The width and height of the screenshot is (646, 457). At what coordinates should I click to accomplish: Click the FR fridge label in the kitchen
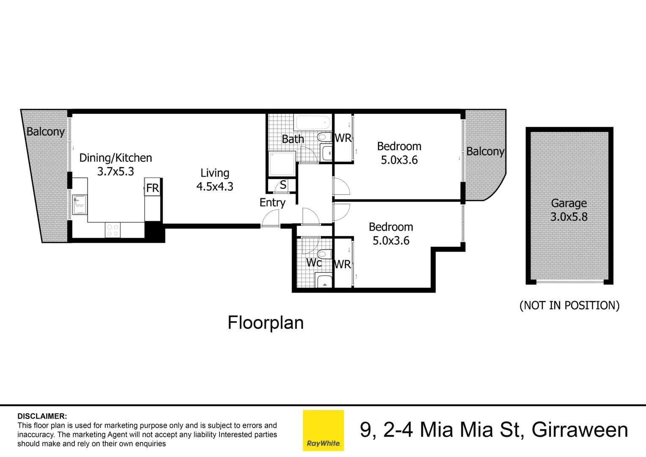click(152, 188)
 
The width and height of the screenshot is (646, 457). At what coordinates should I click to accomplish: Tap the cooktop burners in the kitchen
click(112, 230)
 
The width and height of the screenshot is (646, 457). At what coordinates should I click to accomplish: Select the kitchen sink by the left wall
click(79, 205)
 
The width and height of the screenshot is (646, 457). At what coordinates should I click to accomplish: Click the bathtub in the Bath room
click(313, 123)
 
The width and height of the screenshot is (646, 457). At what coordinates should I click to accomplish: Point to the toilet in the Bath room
click(324, 137)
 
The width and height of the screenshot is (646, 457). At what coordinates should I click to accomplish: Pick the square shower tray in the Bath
click(282, 164)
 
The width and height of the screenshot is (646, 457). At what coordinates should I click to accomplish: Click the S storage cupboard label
click(283, 185)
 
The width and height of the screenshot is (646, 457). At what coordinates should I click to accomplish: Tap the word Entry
click(272, 203)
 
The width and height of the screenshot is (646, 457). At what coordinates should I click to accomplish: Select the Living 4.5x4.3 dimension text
click(215, 187)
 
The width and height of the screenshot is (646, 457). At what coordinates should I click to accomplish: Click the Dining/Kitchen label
click(115, 158)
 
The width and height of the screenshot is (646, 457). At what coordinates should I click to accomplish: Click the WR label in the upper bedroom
click(343, 138)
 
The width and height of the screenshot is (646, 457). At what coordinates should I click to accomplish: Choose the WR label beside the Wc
click(342, 264)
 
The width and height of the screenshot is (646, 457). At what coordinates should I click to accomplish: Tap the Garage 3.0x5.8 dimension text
click(569, 217)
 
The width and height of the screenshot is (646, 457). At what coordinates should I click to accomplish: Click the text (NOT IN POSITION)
click(569, 306)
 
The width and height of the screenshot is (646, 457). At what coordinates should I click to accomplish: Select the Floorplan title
click(266, 323)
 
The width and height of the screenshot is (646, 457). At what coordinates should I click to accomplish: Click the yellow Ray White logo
click(323, 430)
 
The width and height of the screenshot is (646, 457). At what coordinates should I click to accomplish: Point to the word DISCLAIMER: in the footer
click(42, 416)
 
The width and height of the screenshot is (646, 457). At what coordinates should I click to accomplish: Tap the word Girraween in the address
click(580, 430)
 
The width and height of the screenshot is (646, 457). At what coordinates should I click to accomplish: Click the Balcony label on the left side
click(45, 132)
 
